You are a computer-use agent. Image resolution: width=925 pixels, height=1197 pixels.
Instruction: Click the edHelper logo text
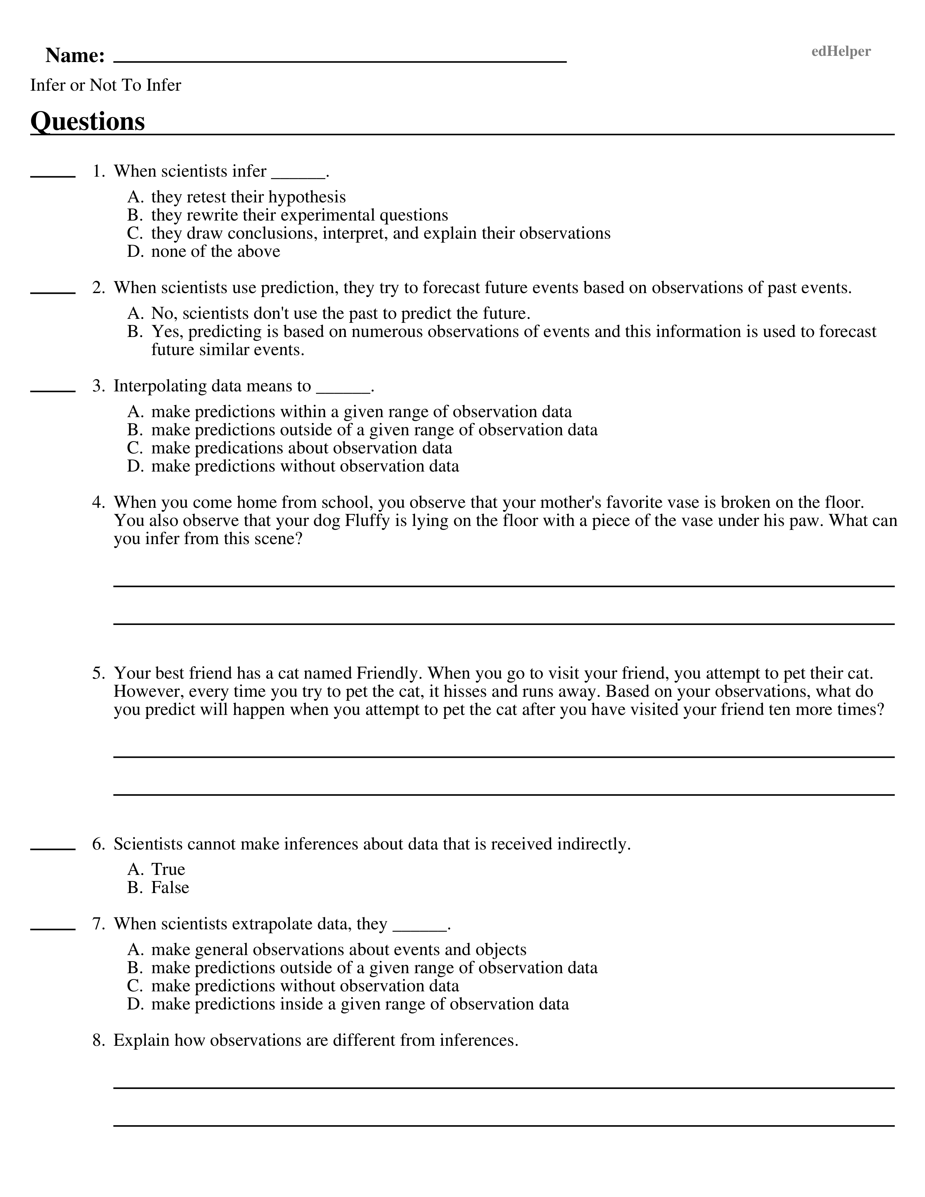tap(840, 52)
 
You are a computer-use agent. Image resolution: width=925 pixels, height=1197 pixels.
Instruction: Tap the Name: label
tap(75, 55)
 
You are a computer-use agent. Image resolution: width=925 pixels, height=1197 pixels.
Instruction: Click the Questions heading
tap(88, 121)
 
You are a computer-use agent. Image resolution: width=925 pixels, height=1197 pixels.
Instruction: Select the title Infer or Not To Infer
tap(105, 85)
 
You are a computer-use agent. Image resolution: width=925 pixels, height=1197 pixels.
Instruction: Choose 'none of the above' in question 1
tap(215, 252)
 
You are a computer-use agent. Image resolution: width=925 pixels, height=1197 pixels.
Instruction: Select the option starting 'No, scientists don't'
tap(340, 313)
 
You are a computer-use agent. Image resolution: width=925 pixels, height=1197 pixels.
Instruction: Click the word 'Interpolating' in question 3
tap(160, 386)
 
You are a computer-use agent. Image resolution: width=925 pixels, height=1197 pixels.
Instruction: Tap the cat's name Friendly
tap(389, 673)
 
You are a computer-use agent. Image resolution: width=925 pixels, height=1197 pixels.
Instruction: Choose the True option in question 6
tap(168, 869)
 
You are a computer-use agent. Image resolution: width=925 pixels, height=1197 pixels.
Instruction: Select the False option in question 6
tap(170, 887)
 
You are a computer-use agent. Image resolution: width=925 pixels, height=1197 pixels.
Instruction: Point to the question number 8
tap(98, 1040)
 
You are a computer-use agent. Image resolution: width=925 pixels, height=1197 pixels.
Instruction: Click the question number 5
tap(98, 673)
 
